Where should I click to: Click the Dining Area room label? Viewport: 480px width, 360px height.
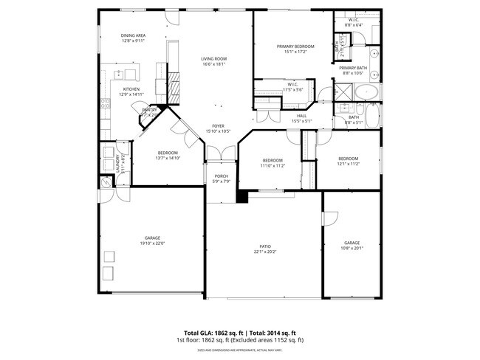click(x=133, y=35)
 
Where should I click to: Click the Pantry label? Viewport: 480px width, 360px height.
click(x=149, y=110)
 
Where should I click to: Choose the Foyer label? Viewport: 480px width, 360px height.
click(x=218, y=126)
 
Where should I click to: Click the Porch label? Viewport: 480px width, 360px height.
click(x=221, y=177)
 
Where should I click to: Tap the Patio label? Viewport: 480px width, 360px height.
click(x=264, y=246)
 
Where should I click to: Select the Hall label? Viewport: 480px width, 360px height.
click(x=301, y=116)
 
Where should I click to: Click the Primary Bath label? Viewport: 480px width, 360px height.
click(x=353, y=68)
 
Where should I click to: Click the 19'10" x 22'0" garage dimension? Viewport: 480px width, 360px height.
click(x=152, y=243)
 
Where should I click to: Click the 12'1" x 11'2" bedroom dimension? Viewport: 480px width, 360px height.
click(x=349, y=164)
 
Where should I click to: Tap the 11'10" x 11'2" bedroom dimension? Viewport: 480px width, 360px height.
click(x=272, y=166)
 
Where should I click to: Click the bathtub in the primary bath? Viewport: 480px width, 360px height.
click(x=367, y=93)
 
